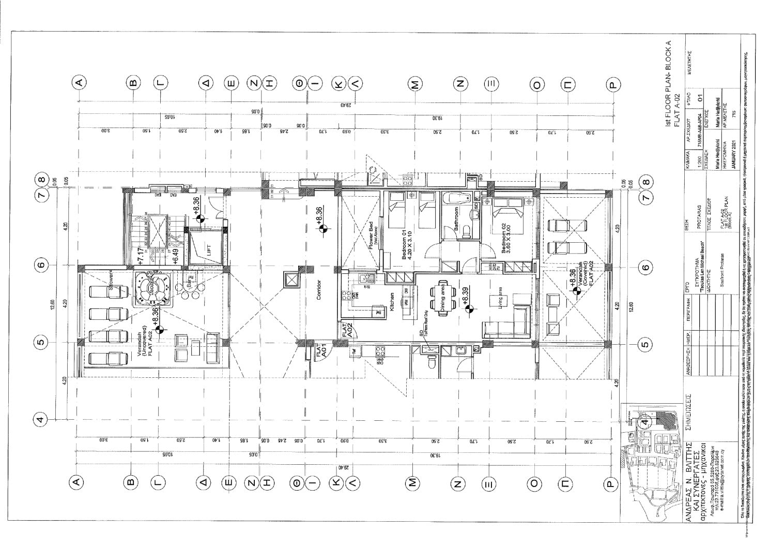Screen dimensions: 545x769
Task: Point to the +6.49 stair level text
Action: point(176,257)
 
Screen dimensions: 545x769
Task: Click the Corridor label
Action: point(319,290)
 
